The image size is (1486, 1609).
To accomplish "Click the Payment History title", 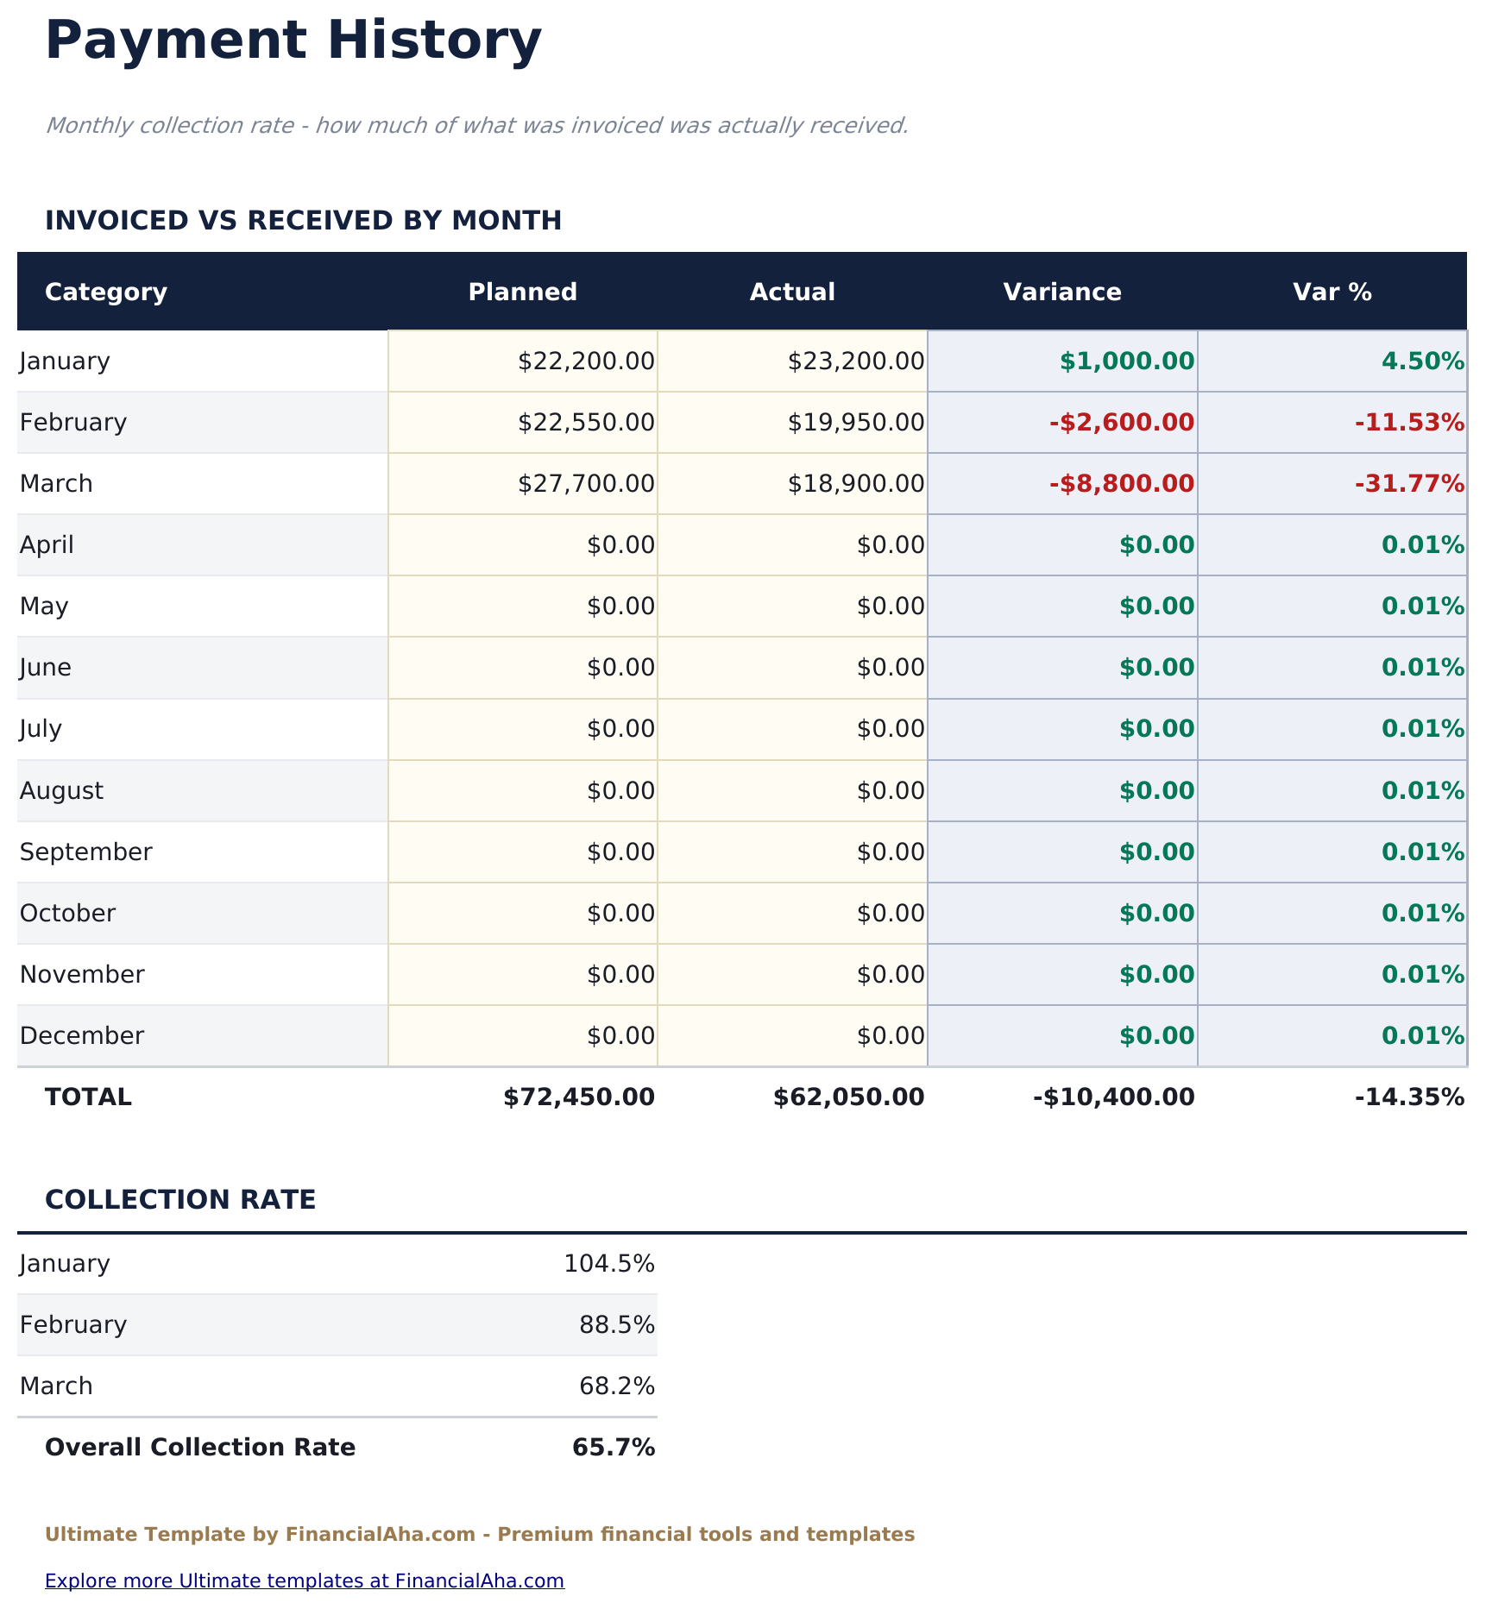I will (x=293, y=41).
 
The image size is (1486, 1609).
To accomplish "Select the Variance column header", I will (x=1061, y=292).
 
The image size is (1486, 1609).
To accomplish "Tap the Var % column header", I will (x=1332, y=292).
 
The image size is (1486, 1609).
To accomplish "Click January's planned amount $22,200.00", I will (x=586, y=361).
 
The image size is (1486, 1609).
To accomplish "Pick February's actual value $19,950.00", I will (x=855, y=422).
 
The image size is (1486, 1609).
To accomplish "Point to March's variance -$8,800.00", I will (x=1122, y=483).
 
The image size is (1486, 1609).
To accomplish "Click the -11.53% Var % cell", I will (x=1409, y=422).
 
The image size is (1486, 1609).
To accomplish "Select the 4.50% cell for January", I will (x=1422, y=361).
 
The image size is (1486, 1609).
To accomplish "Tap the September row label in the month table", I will (x=86, y=852).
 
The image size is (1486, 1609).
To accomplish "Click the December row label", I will (x=82, y=1035).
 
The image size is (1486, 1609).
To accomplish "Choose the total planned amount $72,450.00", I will (x=579, y=1097).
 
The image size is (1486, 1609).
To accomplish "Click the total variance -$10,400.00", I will (x=1113, y=1097).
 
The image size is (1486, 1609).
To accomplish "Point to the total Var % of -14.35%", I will (x=1409, y=1097).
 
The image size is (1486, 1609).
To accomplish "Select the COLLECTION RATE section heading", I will (x=180, y=1199).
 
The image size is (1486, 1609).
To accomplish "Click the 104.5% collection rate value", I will (x=608, y=1263).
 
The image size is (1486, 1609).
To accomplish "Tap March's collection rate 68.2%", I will (x=616, y=1386).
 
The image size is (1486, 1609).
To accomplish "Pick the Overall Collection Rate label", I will (x=200, y=1447).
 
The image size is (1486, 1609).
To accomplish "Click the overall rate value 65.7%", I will (x=613, y=1447).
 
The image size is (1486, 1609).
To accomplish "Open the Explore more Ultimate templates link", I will (x=305, y=1581).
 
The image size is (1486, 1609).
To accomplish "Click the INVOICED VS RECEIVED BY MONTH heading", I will (x=303, y=220).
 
